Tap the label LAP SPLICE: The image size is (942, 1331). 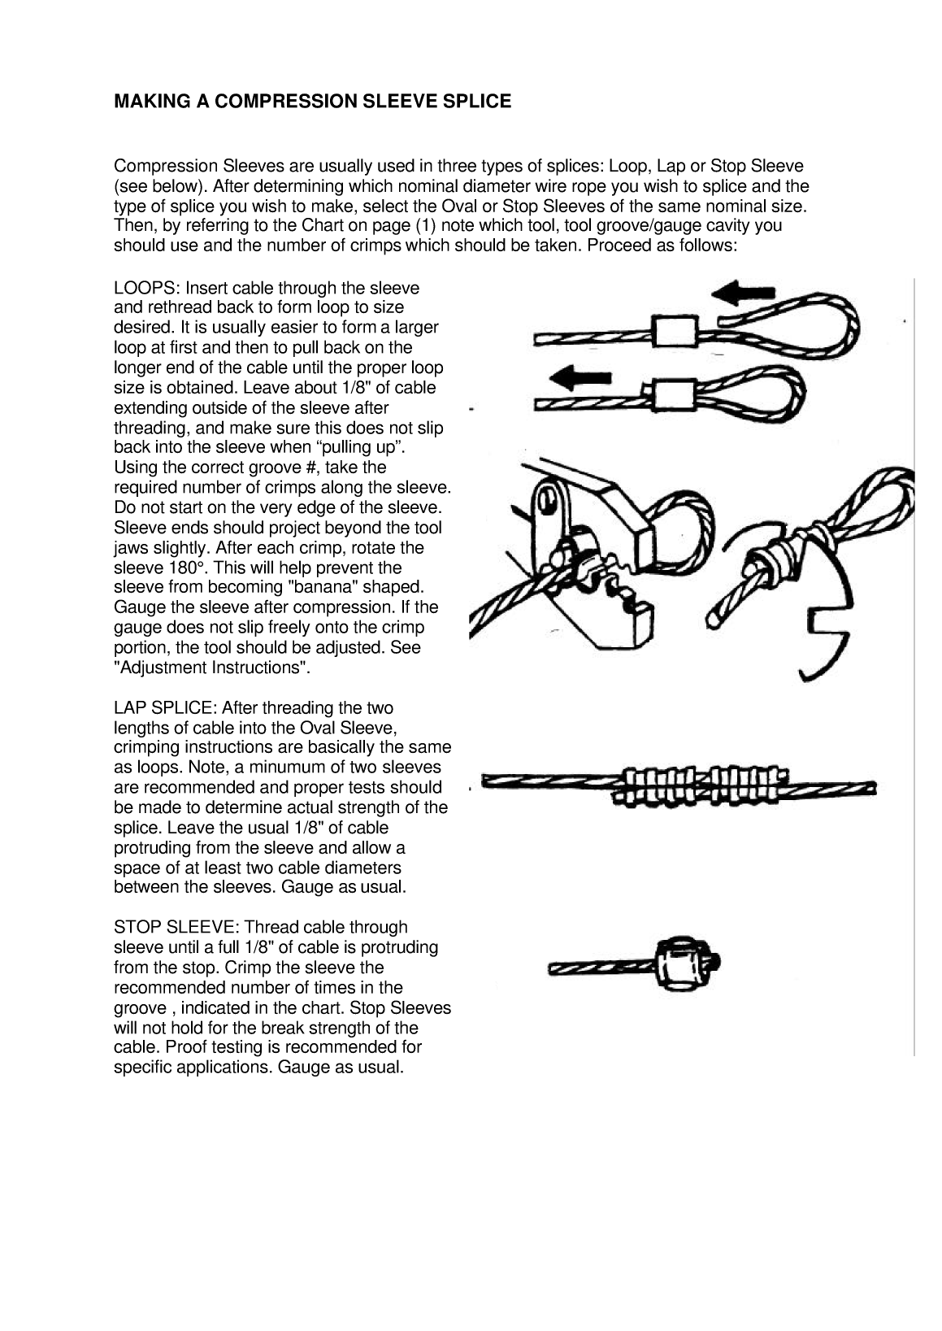(x=165, y=708)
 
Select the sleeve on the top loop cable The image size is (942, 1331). (x=675, y=332)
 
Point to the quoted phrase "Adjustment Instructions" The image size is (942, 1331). (x=212, y=668)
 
